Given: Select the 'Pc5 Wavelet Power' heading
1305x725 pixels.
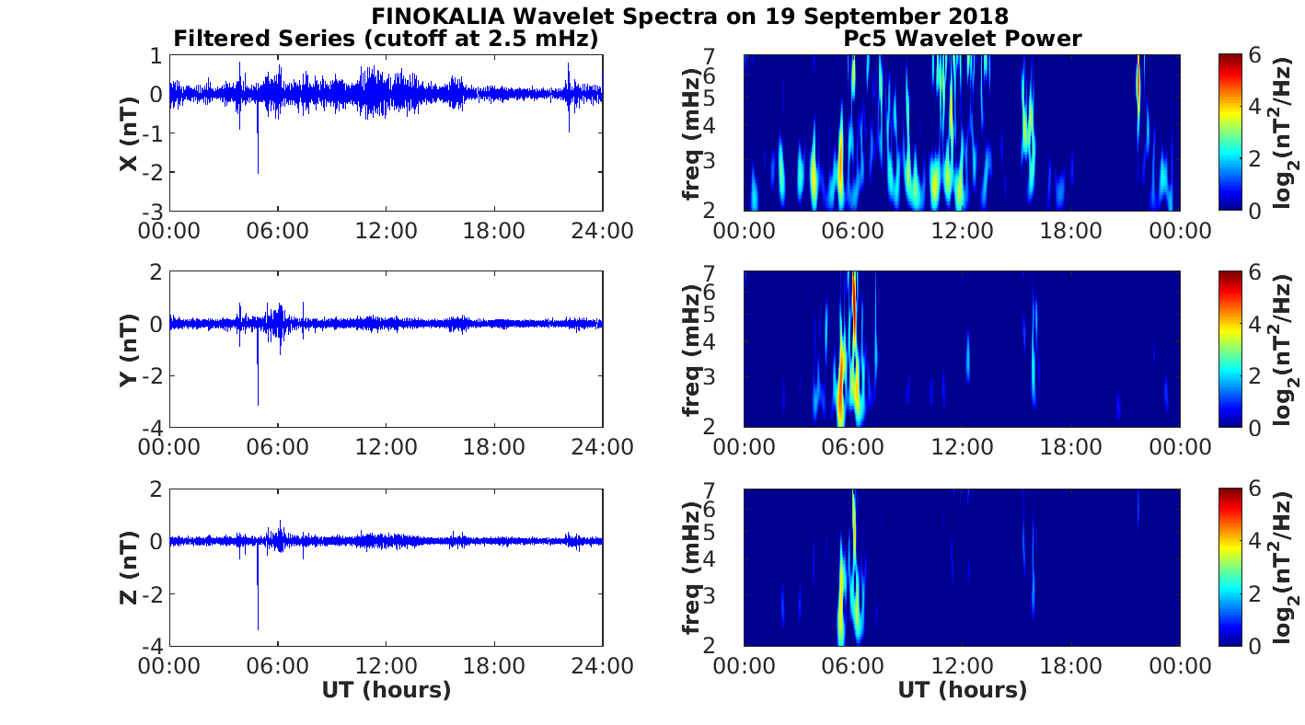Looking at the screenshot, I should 962,39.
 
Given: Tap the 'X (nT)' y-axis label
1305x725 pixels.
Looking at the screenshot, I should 130,133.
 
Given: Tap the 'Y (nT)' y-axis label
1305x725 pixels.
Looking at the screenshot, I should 130,350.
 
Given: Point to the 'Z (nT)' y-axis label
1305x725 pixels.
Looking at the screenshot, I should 130,567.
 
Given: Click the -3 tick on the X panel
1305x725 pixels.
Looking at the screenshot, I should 154,212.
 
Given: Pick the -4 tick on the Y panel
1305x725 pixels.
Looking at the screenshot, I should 154,429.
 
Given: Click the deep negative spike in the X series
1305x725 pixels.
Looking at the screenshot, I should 258,171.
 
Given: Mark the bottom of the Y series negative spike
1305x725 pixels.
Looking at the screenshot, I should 258,403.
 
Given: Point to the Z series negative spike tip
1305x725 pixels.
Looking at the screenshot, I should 258,628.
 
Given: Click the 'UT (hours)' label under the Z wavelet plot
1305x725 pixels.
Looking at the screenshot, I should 962,690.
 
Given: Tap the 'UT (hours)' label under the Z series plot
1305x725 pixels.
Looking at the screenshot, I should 386,690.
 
